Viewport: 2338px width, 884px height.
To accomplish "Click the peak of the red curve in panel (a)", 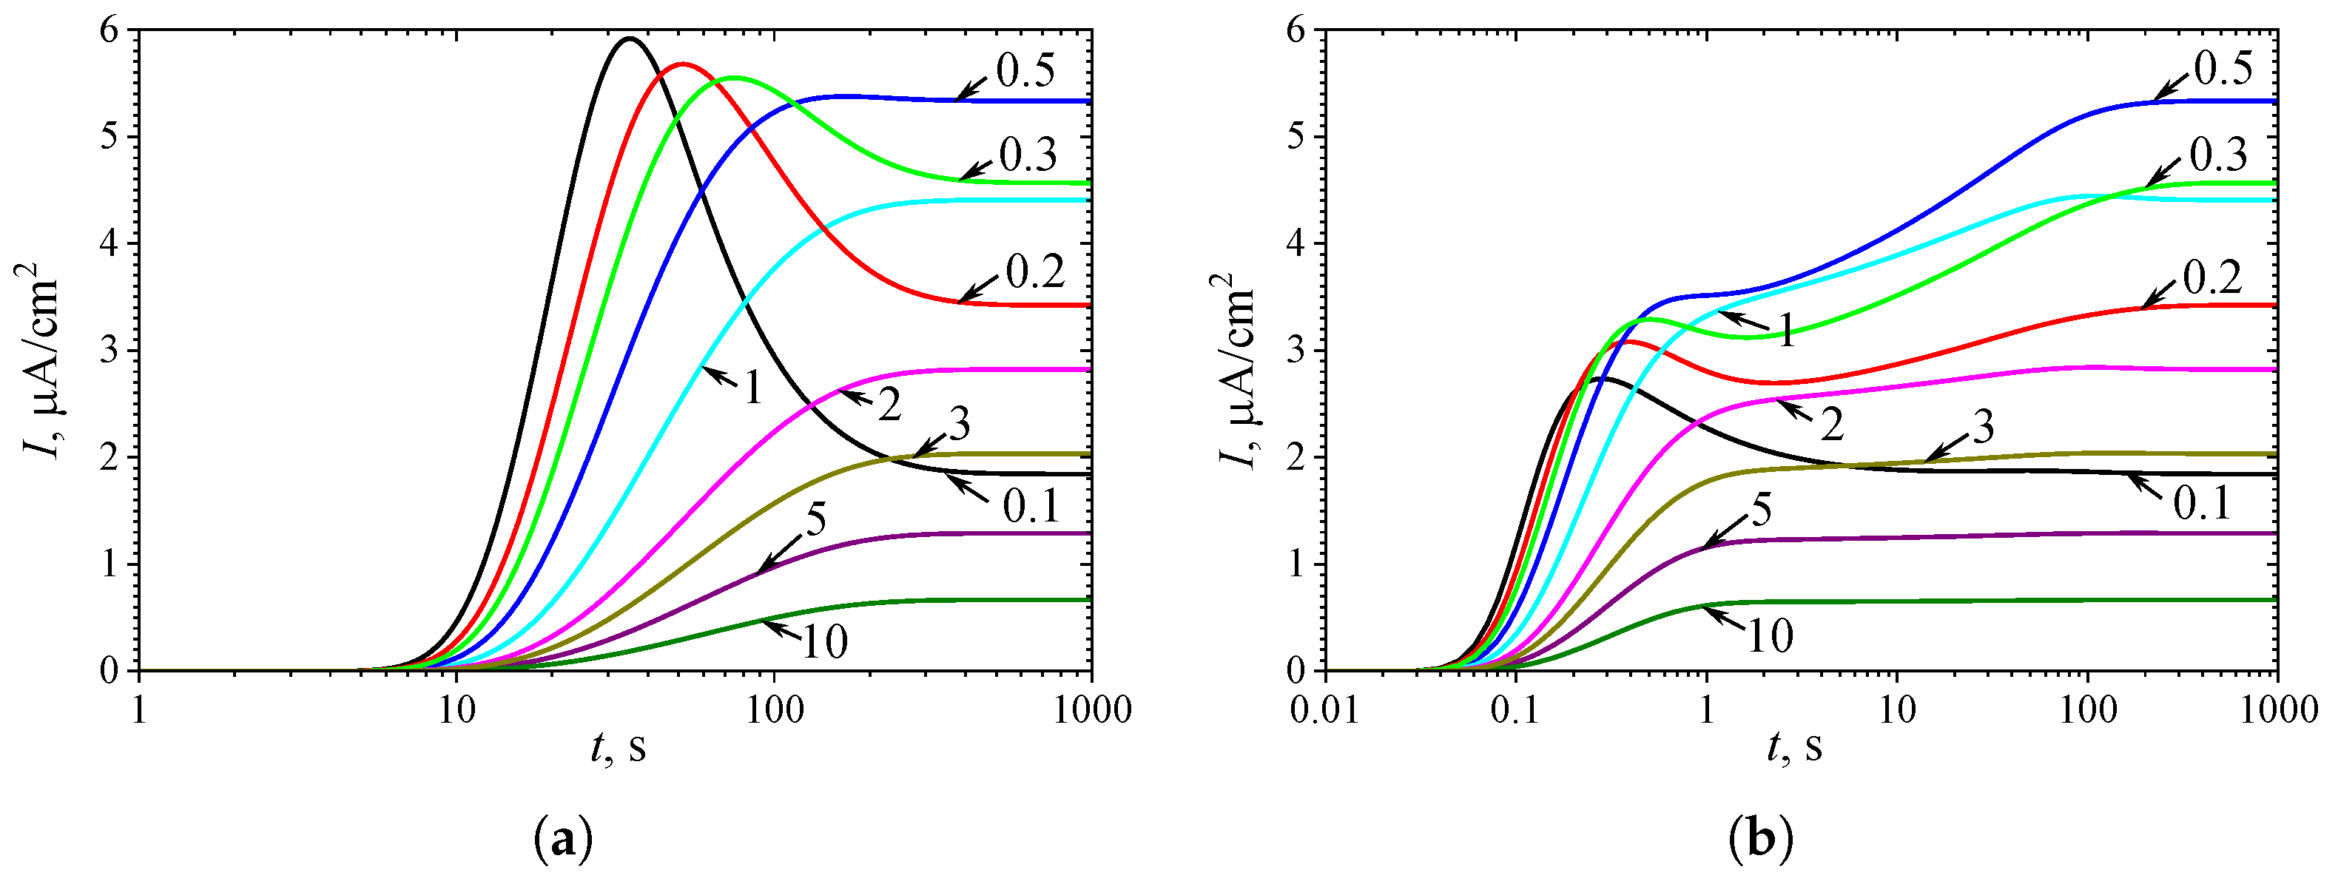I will pyautogui.click(x=682, y=64).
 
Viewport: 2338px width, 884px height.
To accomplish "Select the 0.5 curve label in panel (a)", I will pyautogui.click(x=1025, y=72).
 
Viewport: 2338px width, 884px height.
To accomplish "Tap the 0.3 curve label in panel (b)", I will pyautogui.click(x=2217, y=155).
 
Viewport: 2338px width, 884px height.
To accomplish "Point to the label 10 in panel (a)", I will pyautogui.click(x=824, y=641).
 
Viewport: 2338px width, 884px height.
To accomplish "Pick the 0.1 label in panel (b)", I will pyautogui.click(x=2201, y=502).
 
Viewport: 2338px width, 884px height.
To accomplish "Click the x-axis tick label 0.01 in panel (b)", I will pyautogui.click(x=1326, y=709).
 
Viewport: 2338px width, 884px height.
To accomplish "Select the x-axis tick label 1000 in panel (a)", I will pyautogui.click(x=1092, y=709).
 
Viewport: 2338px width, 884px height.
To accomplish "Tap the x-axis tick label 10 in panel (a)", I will pyautogui.click(x=457, y=709).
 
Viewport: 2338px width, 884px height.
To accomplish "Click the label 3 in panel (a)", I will pyautogui.click(x=958, y=424).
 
